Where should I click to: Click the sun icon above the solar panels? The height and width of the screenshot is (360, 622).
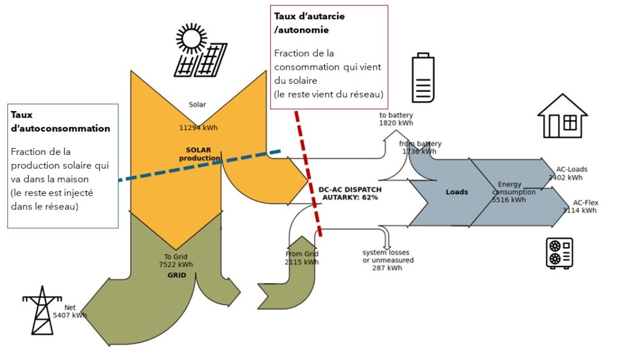191,38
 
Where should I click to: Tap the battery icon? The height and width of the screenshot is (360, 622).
423,78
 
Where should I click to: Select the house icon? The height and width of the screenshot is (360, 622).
562,116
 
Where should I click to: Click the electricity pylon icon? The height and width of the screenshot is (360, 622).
42,310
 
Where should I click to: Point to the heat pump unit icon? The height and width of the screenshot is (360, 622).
559,253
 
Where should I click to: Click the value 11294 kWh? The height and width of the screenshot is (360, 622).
198,128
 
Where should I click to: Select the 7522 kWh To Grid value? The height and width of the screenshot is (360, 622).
176,265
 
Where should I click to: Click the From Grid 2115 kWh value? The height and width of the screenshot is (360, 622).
301,262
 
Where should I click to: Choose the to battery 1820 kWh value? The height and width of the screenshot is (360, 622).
396,123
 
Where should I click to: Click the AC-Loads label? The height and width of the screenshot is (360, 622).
572,169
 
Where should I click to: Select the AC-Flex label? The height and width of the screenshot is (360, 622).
586,203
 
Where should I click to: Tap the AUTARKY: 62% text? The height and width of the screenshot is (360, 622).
350,197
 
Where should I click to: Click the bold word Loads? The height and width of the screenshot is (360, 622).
457,192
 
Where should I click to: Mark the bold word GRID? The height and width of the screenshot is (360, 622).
176,275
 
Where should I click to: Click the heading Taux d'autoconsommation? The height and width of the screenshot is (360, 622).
61,121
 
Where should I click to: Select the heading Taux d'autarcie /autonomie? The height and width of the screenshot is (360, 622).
309,22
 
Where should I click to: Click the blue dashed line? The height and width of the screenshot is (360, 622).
200,165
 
